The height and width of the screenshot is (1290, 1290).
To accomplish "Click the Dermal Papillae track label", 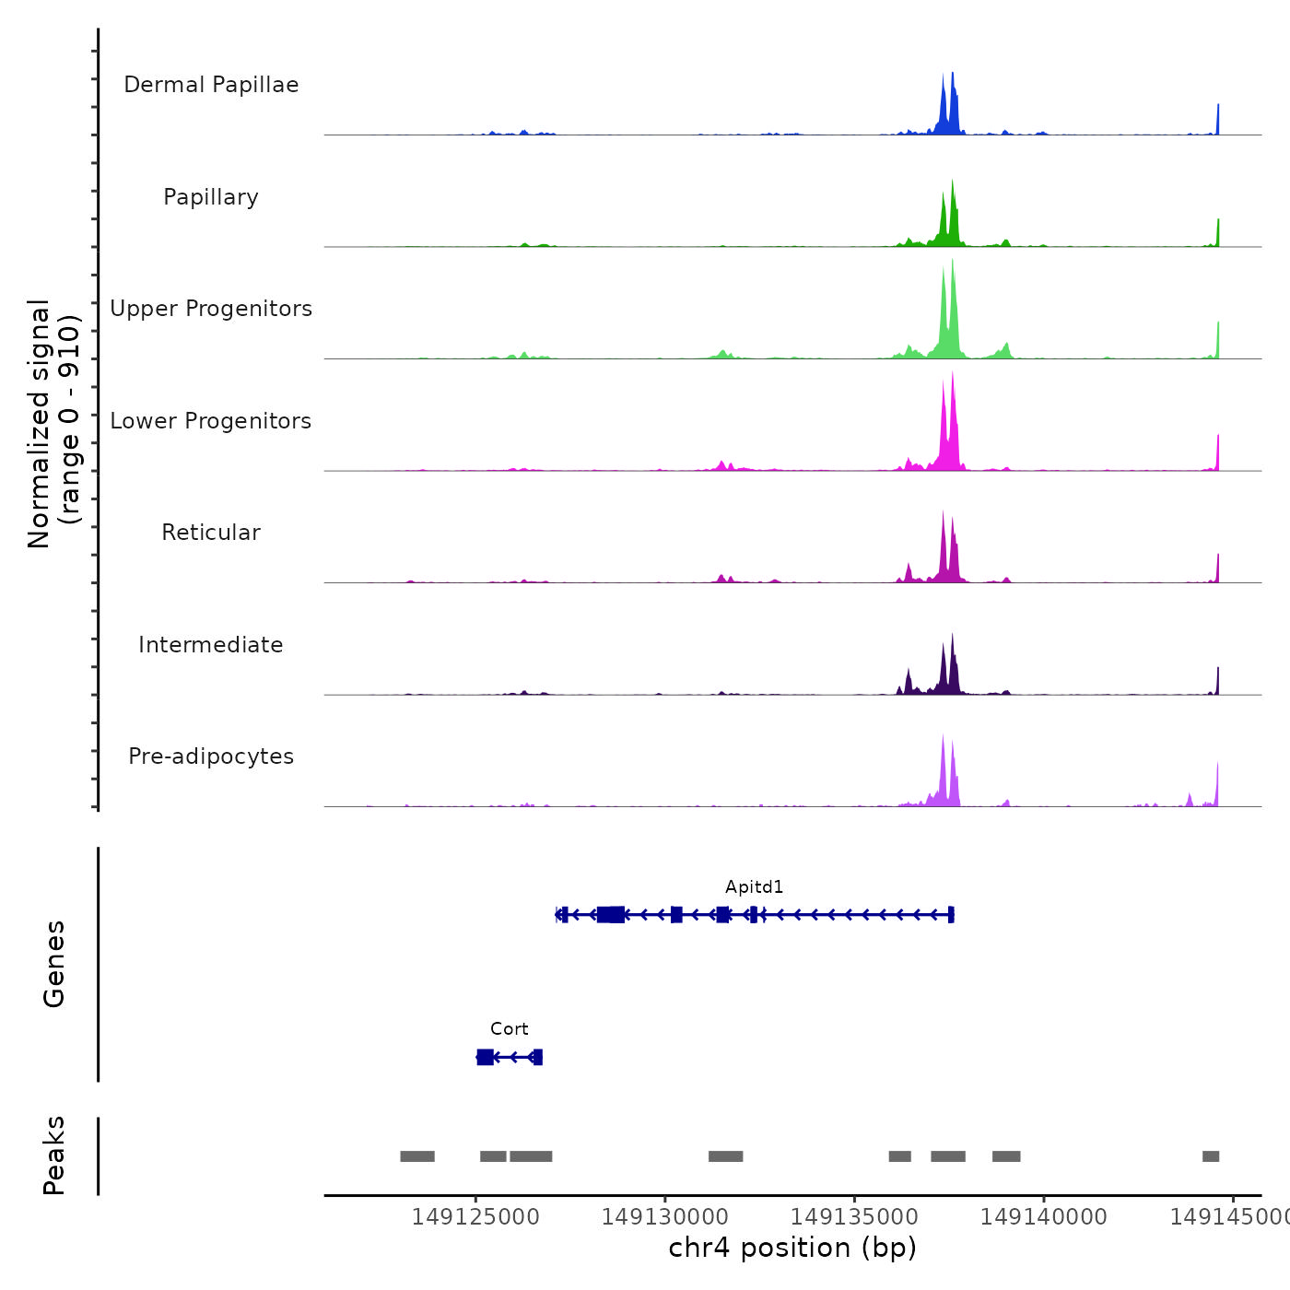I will pos(211,85).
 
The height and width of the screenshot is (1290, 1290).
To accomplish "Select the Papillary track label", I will pos(211,197).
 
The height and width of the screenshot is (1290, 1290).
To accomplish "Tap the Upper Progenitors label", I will pos(211,309).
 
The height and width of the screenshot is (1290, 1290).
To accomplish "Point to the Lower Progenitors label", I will pos(211,421).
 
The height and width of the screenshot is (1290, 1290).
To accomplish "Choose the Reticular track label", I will pos(211,533).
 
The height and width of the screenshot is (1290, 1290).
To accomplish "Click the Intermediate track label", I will pos(211,645).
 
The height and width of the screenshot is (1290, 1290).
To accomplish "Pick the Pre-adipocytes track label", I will pos(211,756).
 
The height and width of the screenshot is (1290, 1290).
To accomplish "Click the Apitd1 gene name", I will pos(754,887).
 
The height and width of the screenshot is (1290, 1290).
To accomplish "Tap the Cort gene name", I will pos(509,1029).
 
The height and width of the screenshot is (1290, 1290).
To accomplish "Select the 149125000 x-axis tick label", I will pos(475,1217).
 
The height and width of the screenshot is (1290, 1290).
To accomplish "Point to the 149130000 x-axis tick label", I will pos(665,1217).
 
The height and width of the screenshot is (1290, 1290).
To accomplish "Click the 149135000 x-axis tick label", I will pos(854,1217).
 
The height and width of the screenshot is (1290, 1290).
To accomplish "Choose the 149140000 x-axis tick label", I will pos(1044,1217).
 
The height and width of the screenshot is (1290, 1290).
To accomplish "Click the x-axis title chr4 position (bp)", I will pos(792,1248).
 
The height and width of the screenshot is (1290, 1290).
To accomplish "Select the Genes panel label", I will pos(54,964).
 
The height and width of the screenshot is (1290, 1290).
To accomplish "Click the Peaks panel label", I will pos(54,1155).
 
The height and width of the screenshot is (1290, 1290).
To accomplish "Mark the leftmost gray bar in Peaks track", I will pos(417,1156).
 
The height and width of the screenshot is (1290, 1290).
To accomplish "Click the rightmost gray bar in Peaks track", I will pos(1211,1156).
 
